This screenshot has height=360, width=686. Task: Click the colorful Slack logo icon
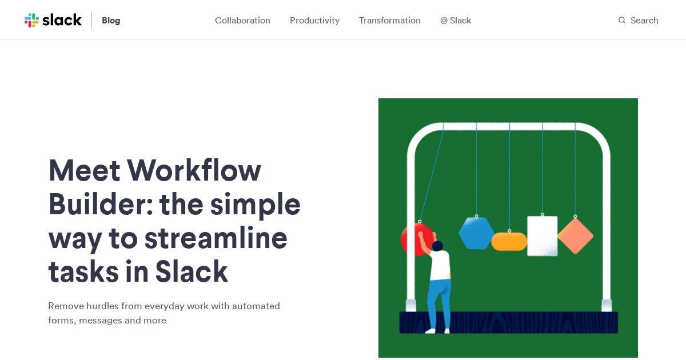pyautogui.click(x=31, y=20)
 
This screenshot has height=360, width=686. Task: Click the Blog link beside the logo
pyautogui.click(x=111, y=21)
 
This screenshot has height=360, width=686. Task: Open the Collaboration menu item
pyautogui.click(x=242, y=21)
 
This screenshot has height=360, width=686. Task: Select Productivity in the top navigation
pyautogui.click(x=314, y=21)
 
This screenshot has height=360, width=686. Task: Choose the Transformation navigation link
pyautogui.click(x=389, y=21)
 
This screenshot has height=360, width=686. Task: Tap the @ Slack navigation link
pyautogui.click(x=456, y=21)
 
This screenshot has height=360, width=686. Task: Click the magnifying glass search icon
pyautogui.click(x=622, y=20)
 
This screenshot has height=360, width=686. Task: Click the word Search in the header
pyautogui.click(x=644, y=21)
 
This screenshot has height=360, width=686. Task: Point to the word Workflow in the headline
pyautogui.click(x=194, y=170)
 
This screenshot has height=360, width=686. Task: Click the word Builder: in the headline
pyautogui.click(x=101, y=204)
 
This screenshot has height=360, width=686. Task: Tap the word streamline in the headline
pyautogui.click(x=216, y=238)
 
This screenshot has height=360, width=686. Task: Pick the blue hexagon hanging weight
pyautogui.click(x=476, y=233)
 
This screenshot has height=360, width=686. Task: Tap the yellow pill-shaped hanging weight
pyautogui.click(x=509, y=242)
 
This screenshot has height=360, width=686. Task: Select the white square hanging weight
pyautogui.click(x=542, y=235)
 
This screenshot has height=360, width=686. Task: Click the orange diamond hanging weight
pyautogui.click(x=575, y=236)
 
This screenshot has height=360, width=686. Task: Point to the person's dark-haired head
pyautogui.click(x=438, y=246)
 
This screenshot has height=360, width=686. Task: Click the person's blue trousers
pyautogui.click(x=439, y=303)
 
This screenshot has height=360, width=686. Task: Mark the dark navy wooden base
pyautogui.click(x=509, y=322)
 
